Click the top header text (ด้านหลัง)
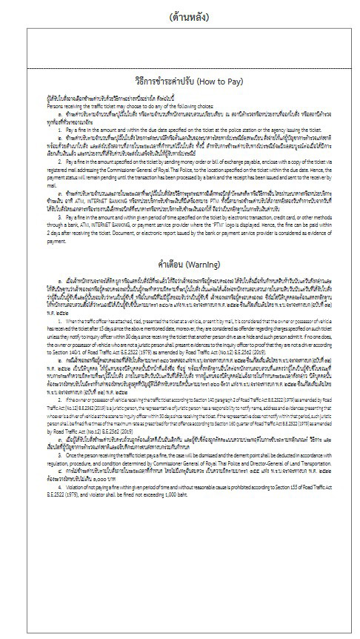tap(180, 16)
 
